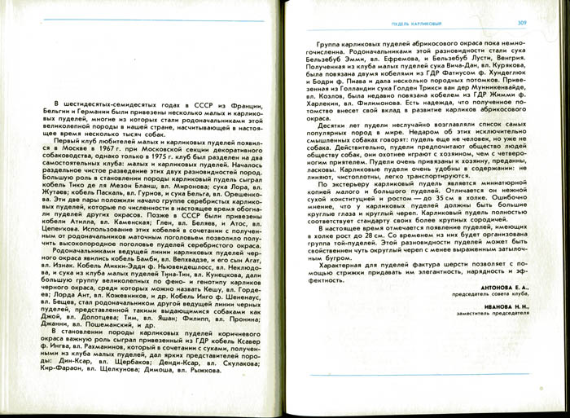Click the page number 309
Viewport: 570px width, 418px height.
click(522, 24)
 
